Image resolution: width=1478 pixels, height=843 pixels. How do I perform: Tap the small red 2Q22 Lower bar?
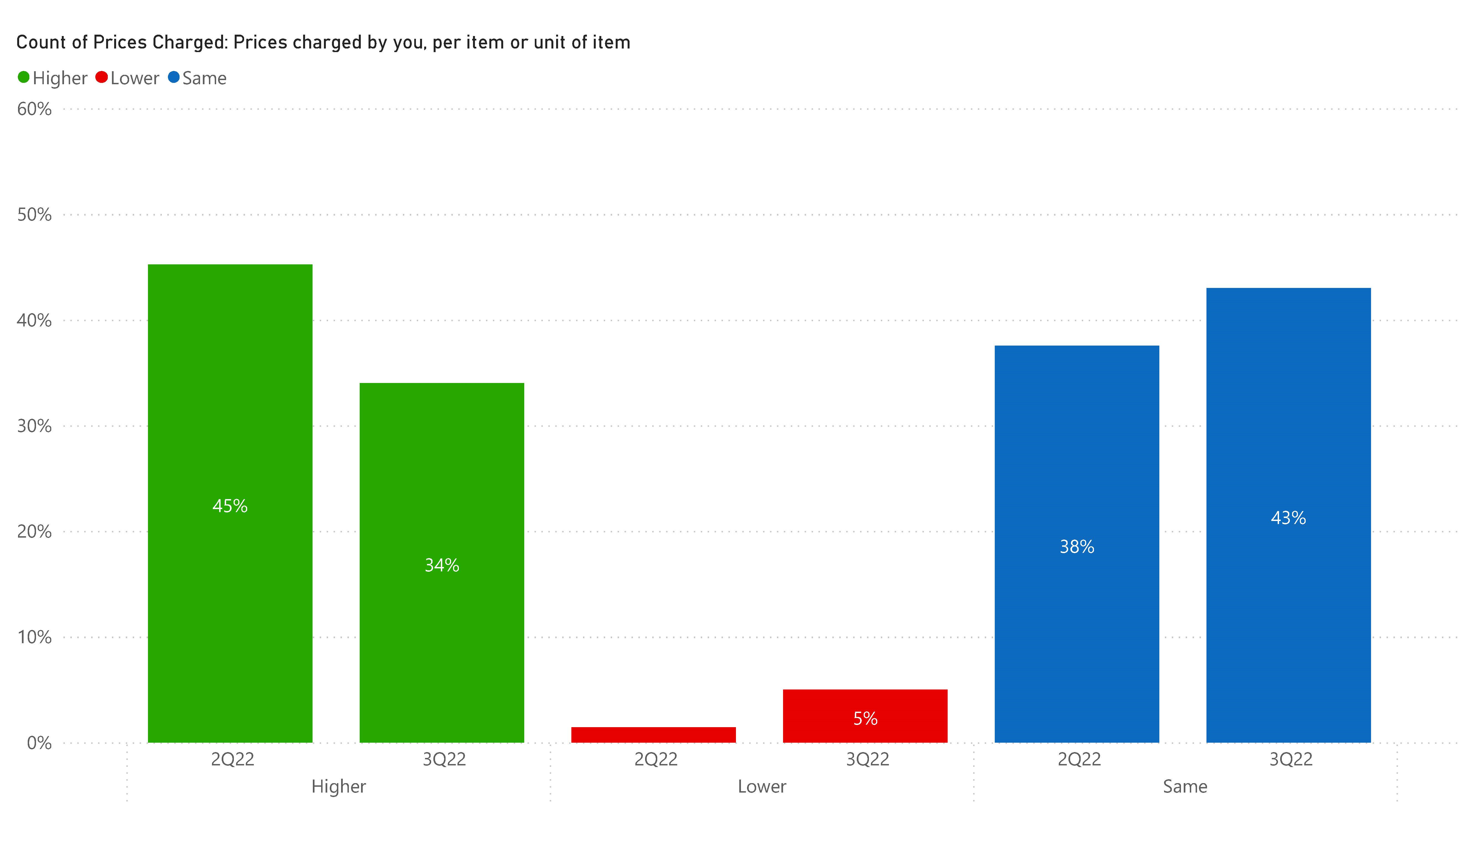click(653, 735)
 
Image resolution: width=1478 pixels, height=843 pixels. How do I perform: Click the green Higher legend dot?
click(24, 78)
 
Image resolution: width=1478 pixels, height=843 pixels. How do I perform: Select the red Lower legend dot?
click(102, 78)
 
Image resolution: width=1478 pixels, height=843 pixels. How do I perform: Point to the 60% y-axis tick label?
click(34, 109)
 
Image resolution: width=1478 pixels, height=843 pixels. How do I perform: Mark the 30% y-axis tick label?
click(34, 426)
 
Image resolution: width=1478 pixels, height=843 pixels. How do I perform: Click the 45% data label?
click(230, 506)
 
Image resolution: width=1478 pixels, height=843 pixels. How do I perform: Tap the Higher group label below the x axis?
click(339, 786)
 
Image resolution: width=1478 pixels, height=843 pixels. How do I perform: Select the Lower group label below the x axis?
click(762, 786)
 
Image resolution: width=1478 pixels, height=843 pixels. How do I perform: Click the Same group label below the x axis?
click(1185, 786)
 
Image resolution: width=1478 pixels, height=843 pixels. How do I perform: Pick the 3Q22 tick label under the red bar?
click(867, 759)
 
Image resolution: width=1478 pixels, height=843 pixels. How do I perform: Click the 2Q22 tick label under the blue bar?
click(1079, 759)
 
